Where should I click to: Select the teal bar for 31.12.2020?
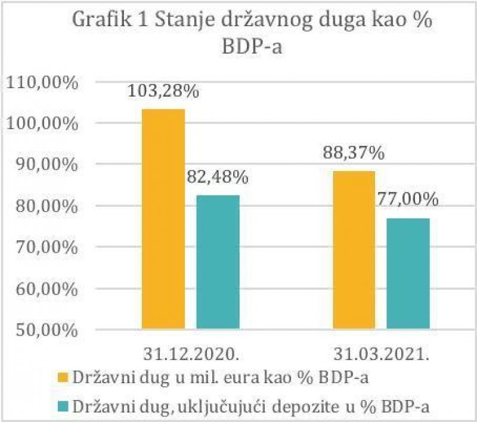[x=218, y=262]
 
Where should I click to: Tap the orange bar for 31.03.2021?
[x=353, y=250]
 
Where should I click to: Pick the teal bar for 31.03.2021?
[x=408, y=274]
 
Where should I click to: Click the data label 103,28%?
[x=163, y=93]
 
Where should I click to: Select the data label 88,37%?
[x=353, y=154]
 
